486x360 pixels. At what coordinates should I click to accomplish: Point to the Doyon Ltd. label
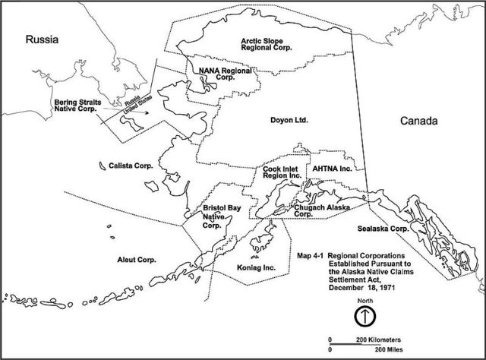[287, 120]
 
